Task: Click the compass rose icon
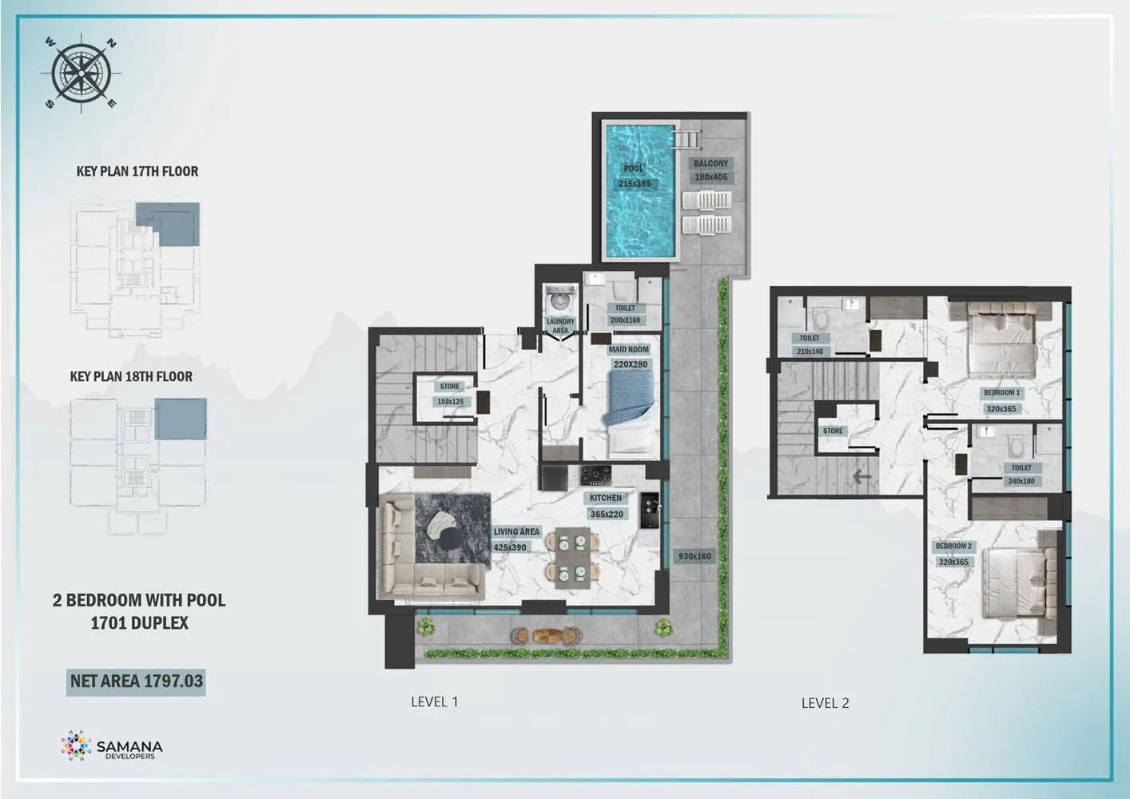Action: [x=81, y=74]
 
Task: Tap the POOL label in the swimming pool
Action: [x=634, y=168]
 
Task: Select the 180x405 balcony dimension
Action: [x=710, y=177]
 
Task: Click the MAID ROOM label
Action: [x=629, y=349]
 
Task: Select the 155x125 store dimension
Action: [x=450, y=402]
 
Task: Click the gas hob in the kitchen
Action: [x=596, y=475]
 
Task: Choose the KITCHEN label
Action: [x=606, y=498]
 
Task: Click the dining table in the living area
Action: [x=572, y=558]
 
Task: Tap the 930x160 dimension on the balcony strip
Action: [x=694, y=556]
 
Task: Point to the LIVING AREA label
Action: [x=516, y=531]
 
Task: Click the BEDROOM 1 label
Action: [x=1001, y=392]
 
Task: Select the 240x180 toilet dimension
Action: [x=1021, y=481]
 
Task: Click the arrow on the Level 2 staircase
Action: [x=861, y=476]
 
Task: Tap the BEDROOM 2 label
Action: [x=953, y=546]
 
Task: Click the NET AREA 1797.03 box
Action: [x=136, y=682]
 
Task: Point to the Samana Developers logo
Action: [x=112, y=745]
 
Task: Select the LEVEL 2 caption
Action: [x=826, y=703]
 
